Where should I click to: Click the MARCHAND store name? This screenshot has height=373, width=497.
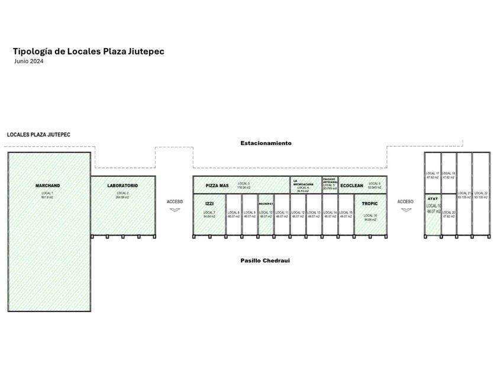point(48,186)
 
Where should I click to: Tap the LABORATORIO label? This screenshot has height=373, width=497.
point(122,186)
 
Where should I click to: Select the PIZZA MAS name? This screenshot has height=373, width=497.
point(217,186)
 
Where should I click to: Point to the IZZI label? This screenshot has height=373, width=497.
point(209,204)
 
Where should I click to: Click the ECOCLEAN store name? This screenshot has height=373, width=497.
point(351,186)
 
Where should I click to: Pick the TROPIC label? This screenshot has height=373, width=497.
point(370,204)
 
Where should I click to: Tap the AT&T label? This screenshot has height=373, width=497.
point(433,199)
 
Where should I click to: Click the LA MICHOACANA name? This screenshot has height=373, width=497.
point(304,184)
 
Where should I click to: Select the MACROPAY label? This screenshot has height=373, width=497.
point(266,204)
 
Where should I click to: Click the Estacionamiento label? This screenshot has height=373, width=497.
point(266,143)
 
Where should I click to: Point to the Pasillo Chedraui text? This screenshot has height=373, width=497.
point(265,260)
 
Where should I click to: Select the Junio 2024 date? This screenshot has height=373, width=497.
point(29,61)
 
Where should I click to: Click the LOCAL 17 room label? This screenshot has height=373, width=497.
point(433,174)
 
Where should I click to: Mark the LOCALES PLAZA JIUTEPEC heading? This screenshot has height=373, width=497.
point(38,135)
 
